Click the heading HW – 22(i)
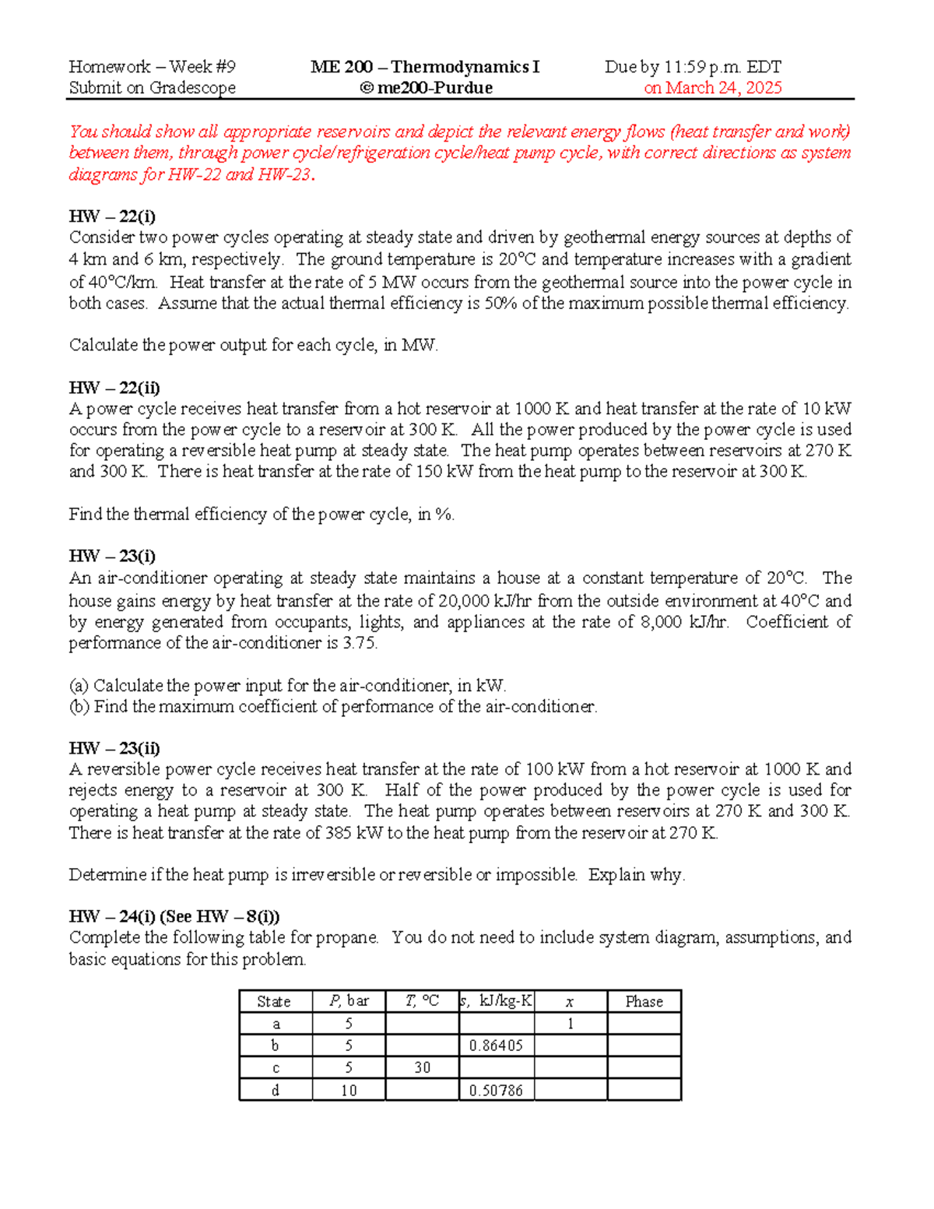pos(112,216)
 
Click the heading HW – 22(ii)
pos(114,388)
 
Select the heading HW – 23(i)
pos(112,556)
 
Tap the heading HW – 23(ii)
pos(114,748)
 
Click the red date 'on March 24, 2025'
pos(712,88)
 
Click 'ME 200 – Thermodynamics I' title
pos(425,67)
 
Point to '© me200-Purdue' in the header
pos(426,88)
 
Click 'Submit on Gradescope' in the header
pos(152,88)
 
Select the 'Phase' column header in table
pos(644,1001)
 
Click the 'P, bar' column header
pos(348,1001)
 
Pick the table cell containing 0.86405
pos(496,1046)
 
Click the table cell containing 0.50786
pos(496,1090)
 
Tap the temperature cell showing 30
pos(422,1067)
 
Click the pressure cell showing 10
pos(348,1090)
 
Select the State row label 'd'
pos(275,1090)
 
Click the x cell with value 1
pos(570,1024)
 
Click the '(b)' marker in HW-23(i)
pos(79,707)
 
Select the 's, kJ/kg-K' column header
pos(496,1001)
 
